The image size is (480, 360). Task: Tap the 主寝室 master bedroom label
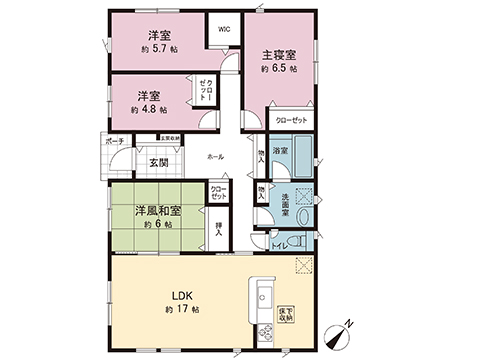279,54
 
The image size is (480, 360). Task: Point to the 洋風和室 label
157,211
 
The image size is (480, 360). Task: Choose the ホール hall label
215,158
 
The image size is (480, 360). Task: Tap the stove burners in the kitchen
267,331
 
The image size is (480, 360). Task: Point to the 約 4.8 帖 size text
152,109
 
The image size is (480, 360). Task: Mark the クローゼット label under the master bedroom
293,121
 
